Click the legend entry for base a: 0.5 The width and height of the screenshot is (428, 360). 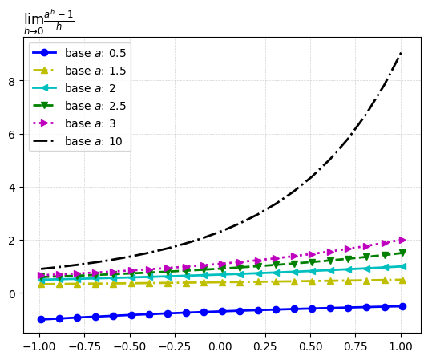(x=79, y=53)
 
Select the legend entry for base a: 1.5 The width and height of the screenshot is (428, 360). (x=79, y=71)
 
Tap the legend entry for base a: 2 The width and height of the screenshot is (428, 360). (x=74, y=88)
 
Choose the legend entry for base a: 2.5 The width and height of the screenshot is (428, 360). (x=79, y=106)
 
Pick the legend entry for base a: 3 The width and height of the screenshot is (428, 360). (x=74, y=123)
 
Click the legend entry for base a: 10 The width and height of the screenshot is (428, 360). (x=77, y=141)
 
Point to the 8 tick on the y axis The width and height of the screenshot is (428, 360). (x=11, y=81)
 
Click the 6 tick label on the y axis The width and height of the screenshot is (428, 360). (x=11, y=135)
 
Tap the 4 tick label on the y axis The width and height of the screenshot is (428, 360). (x=11, y=188)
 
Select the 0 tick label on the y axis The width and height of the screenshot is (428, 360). (x=11, y=294)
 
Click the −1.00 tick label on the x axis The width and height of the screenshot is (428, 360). (x=39, y=346)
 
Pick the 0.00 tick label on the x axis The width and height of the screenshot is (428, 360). (x=220, y=346)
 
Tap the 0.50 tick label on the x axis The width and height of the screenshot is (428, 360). (x=310, y=346)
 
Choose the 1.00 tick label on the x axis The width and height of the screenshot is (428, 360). (x=401, y=346)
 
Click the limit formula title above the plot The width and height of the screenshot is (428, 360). (x=50, y=22)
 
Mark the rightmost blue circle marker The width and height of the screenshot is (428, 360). (x=402, y=307)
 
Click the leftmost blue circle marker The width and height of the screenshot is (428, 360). (x=41, y=319)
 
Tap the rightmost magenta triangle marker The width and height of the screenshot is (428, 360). (x=402, y=240)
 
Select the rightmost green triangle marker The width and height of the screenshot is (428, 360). (x=402, y=253)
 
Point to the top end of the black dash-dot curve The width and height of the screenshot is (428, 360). (x=401, y=52)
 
